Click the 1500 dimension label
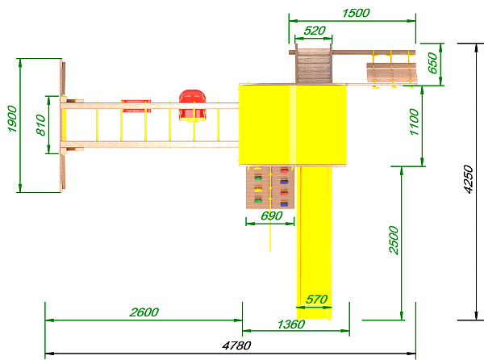click(x=356, y=13)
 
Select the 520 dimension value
click(x=315, y=31)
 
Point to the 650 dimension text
click(x=432, y=63)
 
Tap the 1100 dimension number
click(x=415, y=122)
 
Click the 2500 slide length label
click(x=394, y=240)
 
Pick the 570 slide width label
click(x=317, y=299)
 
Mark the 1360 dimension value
click(x=291, y=324)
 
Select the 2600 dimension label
click(x=144, y=312)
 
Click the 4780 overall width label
click(x=236, y=345)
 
